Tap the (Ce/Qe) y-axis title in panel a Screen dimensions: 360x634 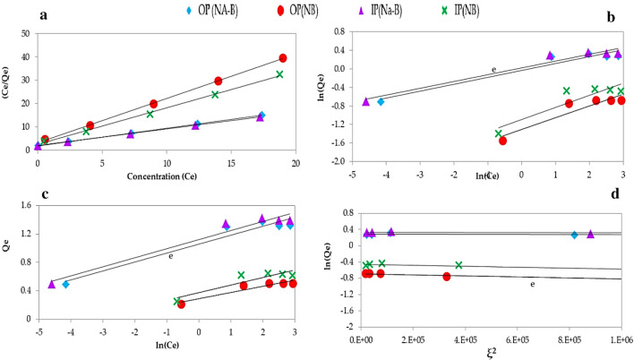(x=8, y=90)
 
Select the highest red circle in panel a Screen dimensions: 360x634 (x=283, y=58)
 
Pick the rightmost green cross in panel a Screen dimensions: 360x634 (x=279, y=74)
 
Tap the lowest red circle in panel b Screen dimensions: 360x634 (x=502, y=141)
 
